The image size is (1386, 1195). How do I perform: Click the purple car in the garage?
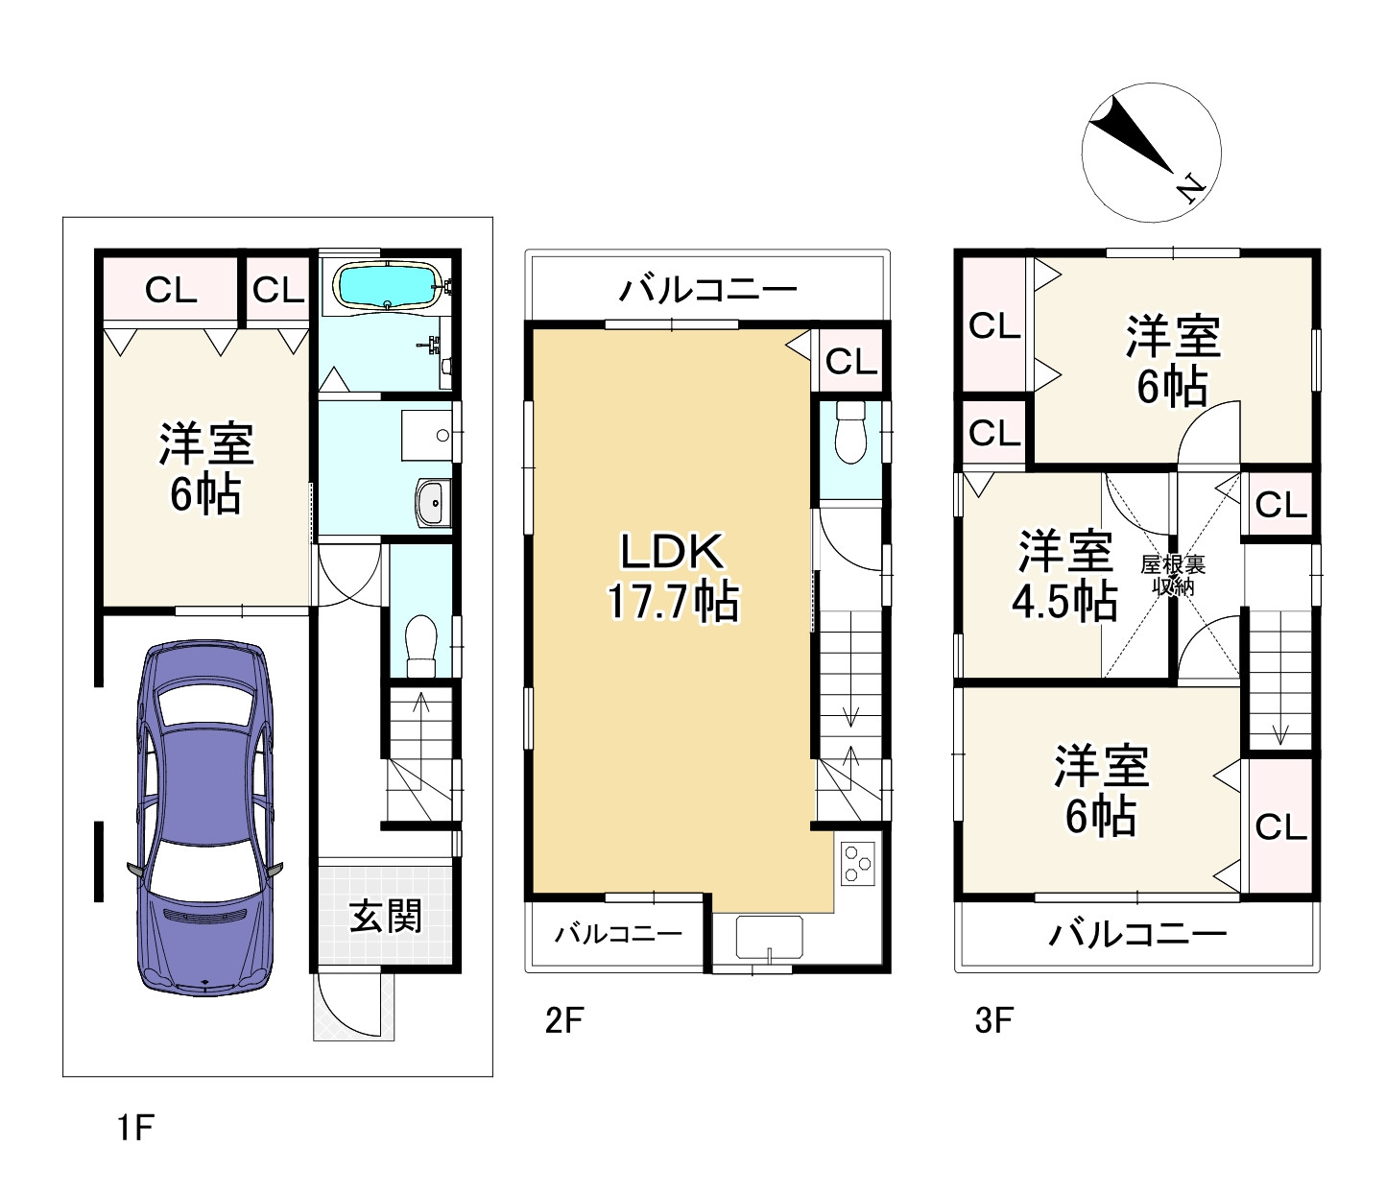coord(204,816)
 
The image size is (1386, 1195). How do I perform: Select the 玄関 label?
coord(385,916)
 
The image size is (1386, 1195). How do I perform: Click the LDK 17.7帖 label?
coord(672,577)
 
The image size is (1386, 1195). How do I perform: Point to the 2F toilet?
coord(850,433)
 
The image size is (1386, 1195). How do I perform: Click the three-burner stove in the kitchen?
coord(858,861)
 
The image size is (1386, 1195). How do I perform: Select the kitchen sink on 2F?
coord(769,936)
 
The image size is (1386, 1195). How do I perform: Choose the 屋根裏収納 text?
coord(1172,575)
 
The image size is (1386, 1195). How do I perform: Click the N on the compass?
coord(1191,187)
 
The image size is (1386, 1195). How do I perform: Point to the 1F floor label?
coord(135,1127)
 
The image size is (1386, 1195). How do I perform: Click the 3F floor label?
coord(993,1019)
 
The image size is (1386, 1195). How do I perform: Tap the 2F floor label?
coord(563,1019)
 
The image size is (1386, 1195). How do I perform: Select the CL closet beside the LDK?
coord(850,362)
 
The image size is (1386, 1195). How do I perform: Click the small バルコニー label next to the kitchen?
coord(618,933)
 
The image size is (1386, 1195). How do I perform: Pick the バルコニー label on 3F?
coord(1137,934)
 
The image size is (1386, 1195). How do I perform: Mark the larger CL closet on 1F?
coord(171,289)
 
